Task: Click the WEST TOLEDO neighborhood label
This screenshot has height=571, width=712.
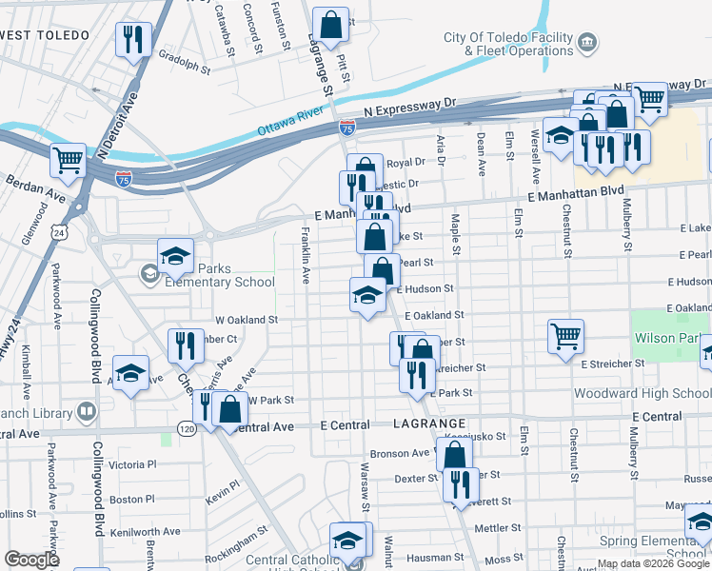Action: [45, 35]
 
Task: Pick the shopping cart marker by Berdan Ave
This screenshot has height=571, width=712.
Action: [69, 161]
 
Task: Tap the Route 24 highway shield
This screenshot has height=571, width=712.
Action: [59, 232]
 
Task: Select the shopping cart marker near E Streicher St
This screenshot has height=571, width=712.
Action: [565, 335]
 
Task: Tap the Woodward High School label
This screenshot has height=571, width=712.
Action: [642, 393]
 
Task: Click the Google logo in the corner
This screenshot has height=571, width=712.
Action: [32, 560]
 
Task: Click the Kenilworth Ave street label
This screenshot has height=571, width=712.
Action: [144, 531]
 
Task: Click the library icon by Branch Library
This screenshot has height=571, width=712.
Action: [87, 411]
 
